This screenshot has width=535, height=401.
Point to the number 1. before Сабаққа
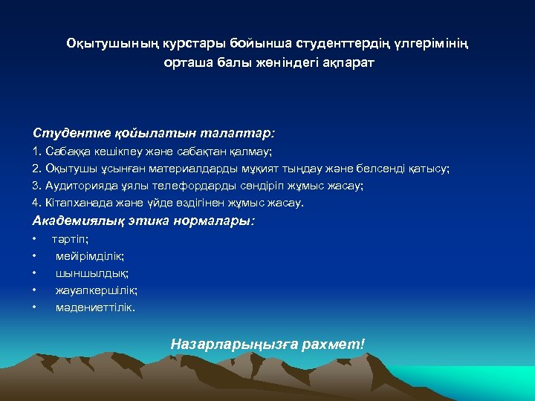point(37,151)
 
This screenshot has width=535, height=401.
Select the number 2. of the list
point(37,169)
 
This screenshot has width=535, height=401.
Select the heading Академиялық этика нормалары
point(143,221)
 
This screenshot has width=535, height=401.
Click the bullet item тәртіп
point(70,239)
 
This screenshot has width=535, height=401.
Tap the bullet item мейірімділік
point(89,256)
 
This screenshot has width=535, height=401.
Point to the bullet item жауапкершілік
point(96,290)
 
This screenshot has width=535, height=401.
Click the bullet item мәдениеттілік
point(95,307)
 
